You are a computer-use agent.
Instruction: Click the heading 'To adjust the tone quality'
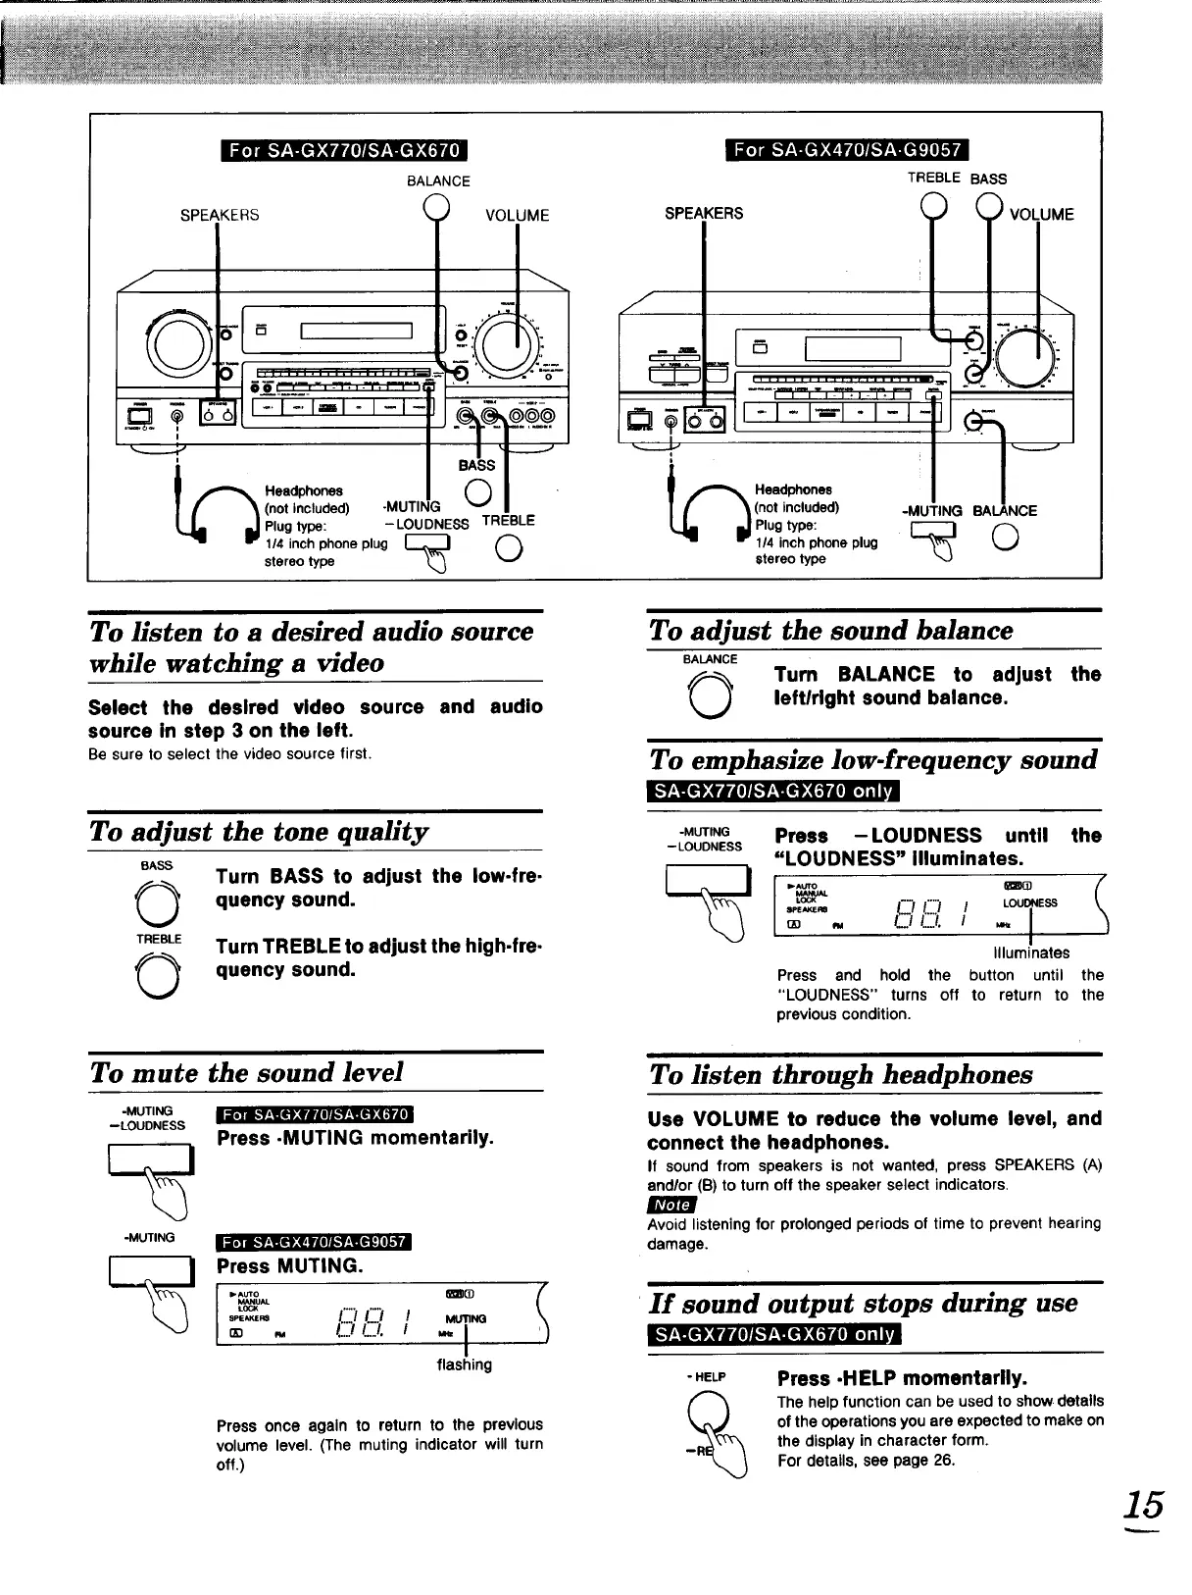pyautogui.click(x=259, y=832)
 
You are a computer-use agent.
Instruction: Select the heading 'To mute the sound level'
pyautogui.click(x=246, y=1072)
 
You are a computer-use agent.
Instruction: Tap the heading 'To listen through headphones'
pyautogui.click(x=840, y=1074)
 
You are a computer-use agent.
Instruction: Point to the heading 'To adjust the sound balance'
pyautogui.click(x=830, y=630)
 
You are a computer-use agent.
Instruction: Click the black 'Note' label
pyautogui.click(x=671, y=1205)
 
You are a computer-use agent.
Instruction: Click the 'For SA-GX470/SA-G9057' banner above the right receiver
pyautogui.click(x=845, y=150)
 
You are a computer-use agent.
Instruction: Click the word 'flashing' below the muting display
pyautogui.click(x=464, y=1364)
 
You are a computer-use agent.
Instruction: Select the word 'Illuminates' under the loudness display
pyautogui.click(x=1030, y=952)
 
